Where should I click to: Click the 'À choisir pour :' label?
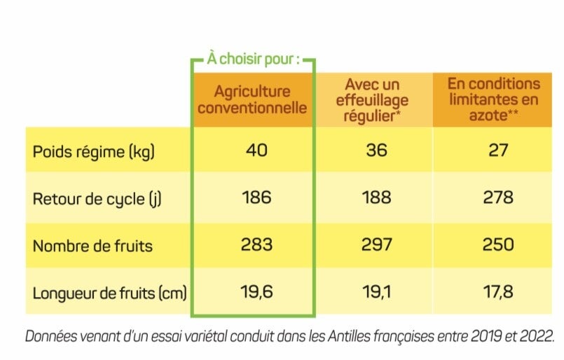252,59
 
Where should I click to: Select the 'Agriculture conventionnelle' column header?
252,100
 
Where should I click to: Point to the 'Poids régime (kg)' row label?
94,151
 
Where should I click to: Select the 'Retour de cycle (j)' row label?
97,198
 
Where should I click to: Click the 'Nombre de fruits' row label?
92,245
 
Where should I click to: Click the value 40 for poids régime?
257,150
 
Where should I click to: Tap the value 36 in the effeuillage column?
377,151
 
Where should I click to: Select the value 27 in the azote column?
498,151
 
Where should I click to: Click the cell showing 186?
256,198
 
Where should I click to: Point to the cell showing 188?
377,198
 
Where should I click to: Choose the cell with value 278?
498,198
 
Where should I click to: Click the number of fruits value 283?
256,244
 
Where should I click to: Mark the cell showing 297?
377,244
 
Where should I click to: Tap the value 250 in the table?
498,244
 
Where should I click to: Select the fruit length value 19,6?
256,291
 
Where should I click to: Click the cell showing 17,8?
498,291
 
